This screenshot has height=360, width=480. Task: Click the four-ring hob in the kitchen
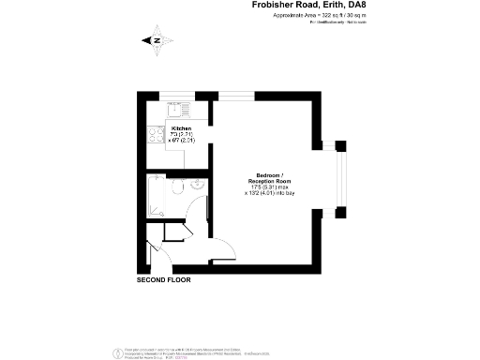click(155, 136)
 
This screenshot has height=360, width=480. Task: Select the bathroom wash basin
click(197, 185)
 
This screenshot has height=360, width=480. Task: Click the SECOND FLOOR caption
click(165, 279)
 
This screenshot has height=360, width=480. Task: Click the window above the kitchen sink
click(175, 94)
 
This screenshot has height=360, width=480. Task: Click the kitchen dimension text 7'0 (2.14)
click(180, 134)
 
